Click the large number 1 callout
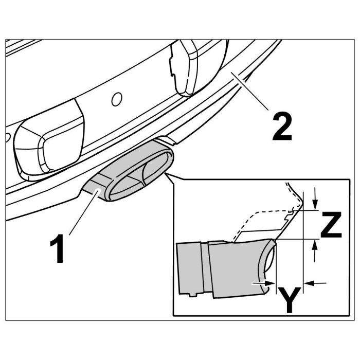(x=57, y=248)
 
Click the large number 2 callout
(x=282, y=127)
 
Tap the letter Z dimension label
(x=331, y=225)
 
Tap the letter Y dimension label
(x=290, y=300)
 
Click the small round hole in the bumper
(x=116, y=99)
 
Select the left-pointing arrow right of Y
(x=315, y=283)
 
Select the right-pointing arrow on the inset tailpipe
(x=263, y=283)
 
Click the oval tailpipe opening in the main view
(x=139, y=174)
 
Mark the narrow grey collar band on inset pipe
(x=205, y=267)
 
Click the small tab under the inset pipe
(x=193, y=295)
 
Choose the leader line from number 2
(x=249, y=91)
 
